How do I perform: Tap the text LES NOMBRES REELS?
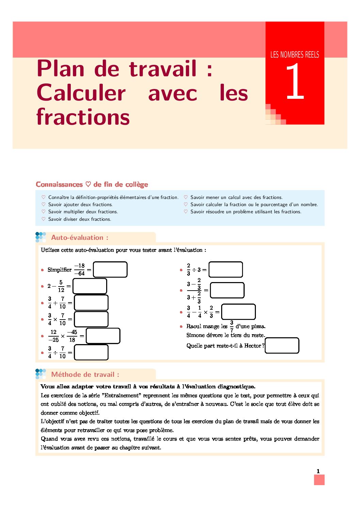pyautogui.click(x=295, y=55)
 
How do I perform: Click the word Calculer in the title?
pyautogui.click(x=81, y=93)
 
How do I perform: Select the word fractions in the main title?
pyautogui.click(x=83, y=117)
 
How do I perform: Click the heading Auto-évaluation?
pyautogui.click(x=80, y=237)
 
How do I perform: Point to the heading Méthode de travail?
pyautogui.click(x=85, y=374)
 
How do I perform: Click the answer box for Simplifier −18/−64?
pyautogui.click(x=110, y=269)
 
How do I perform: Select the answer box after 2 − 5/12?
pyautogui.click(x=90, y=286)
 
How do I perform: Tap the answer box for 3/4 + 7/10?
pyautogui.click(x=91, y=303)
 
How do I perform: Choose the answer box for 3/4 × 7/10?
pyautogui.click(x=91, y=319)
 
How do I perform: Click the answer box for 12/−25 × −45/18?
pyautogui.click(x=103, y=336)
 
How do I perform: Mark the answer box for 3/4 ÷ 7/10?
pyautogui.click(x=91, y=352)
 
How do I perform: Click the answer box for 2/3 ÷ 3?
pyautogui.click(x=226, y=269)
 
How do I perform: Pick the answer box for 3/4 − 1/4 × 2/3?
pyautogui.click(x=238, y=312)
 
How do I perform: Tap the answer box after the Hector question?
pyautogui.click(x=282, y=345)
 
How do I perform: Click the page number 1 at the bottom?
pyautogui.click(x=318, y=471)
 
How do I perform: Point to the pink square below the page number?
pyautogui.click(x=319, y=480)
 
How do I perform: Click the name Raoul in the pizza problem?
pyautogui.click(x=194, y=326)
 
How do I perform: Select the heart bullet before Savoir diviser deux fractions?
pyautogui.click(x=44, y=219)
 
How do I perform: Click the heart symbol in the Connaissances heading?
pyautogui.click(x=88, y=184)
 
